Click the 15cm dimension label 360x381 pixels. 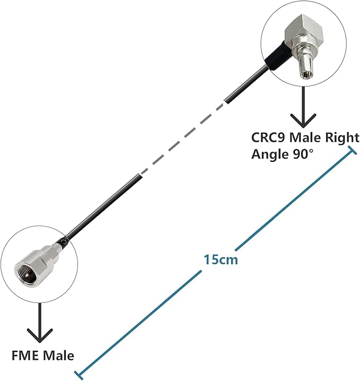[221, 260]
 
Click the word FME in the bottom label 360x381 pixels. [23, 355]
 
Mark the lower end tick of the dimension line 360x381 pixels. [79, 374]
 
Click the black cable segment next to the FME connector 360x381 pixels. [101, 206]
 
